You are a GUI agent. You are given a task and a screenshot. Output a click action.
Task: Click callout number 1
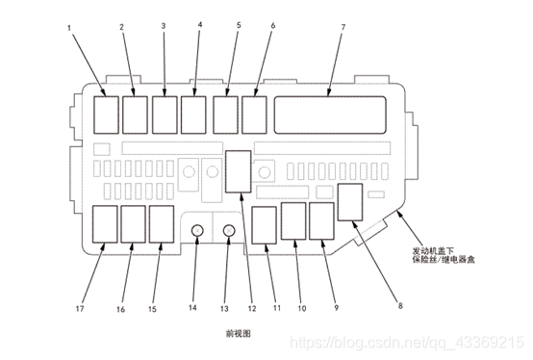click(69, 28)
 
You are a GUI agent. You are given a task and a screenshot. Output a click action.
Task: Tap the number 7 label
click(343, 27)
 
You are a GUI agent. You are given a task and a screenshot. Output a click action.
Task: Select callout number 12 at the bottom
click(252, 308)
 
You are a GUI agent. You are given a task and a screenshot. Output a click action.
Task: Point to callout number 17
click(80, 309)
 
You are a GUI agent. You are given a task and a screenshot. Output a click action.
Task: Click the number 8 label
click(400, 305)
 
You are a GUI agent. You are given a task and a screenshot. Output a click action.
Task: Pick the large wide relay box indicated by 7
click(330, 115)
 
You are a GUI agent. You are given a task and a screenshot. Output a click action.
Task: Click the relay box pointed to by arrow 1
click(106, 115)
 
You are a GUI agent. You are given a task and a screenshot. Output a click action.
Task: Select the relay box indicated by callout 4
click(193, 115)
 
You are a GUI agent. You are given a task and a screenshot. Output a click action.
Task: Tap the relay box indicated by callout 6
click(254, 115)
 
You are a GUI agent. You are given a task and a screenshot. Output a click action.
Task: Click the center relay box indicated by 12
click(239, 171)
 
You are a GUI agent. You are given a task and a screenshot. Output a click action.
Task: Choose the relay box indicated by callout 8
click(350, 202)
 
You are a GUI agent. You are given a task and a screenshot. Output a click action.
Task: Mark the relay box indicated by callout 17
click(105, 224)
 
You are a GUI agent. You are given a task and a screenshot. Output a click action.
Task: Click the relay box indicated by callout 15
click(162, 224)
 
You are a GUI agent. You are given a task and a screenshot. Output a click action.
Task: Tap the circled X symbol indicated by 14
click(197, 231)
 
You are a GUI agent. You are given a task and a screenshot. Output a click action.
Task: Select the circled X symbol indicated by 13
click(229, 231)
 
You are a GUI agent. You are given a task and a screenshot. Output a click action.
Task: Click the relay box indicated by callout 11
click(265, 225)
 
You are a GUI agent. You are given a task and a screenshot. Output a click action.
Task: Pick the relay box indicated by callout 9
click(322, 221)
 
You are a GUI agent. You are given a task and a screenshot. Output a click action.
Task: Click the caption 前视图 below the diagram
click(239, 333)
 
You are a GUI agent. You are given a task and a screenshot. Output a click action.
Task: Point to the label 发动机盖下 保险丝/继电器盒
click(444, 255)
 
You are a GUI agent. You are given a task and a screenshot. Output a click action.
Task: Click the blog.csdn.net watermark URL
click(407, 343)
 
